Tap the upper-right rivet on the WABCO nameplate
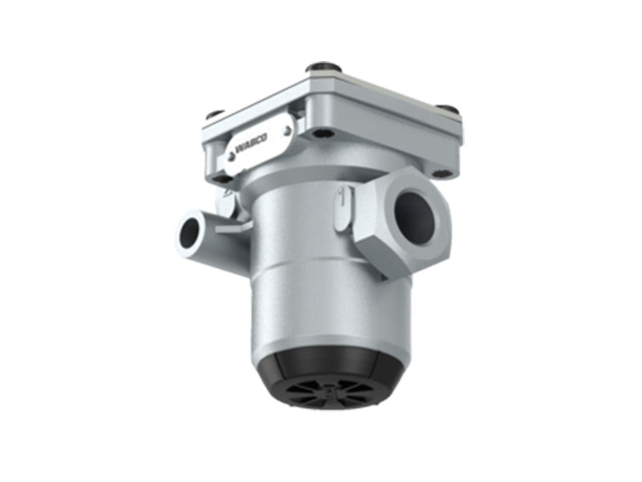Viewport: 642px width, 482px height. tap(286, 131)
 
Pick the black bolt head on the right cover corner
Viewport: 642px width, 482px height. tap(448, 110)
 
